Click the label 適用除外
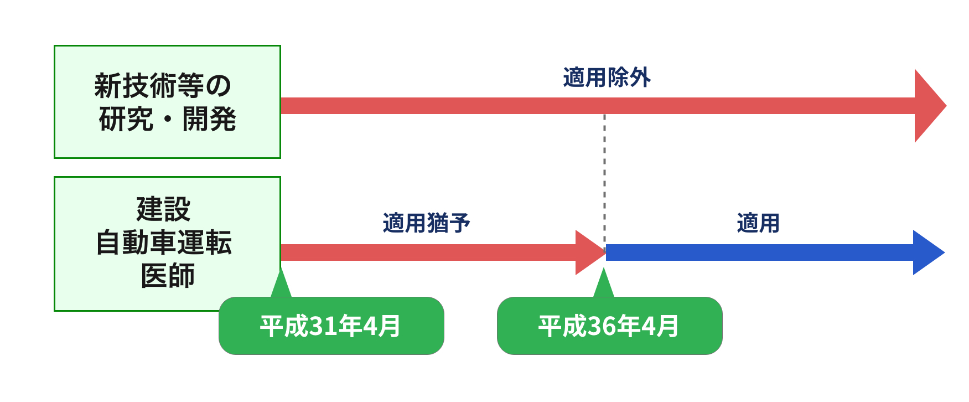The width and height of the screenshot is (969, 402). tap(607, 78)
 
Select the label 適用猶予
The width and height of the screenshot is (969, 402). tap(426, 223)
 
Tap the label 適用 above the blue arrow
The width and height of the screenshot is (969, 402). tap(758, 223)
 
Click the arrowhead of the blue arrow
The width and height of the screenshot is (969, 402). tap(927, 252)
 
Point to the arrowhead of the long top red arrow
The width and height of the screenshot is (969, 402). tap(929, 106)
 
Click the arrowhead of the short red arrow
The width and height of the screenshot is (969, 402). tap(589, 252)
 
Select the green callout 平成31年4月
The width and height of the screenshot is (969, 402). tap(331, 326)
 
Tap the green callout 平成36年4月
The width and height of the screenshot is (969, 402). tap(609, 326)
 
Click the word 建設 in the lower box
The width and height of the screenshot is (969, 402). tap(164, 209)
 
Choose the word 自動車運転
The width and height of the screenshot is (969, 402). tap(164, 243)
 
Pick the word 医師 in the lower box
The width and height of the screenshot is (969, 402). tap(167, 276)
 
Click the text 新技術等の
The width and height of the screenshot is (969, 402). tap(163, 86)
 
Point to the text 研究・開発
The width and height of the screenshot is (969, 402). tap(167, 119)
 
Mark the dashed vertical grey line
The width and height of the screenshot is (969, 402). tap(604, 177)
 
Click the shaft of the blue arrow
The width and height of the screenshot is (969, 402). tap(758, 252)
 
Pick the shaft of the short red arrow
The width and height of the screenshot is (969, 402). tap(426, 252)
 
